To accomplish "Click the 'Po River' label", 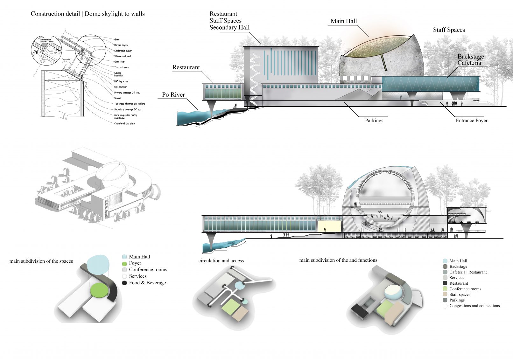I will click(x=173, y=95).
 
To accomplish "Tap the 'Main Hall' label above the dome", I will click(x=344, y=21).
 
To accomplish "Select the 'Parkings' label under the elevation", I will click(x=374, y=121).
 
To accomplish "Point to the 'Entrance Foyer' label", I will click(x=471, y=121).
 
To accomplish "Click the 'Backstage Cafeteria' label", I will click(x=471, y=60).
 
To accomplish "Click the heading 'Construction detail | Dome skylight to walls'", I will click(x=88, y=14).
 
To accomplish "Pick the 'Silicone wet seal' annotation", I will click(x=123, y=56).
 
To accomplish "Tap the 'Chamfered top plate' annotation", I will click(x=124, y=124).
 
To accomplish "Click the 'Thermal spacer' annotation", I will click(x=122, y=67).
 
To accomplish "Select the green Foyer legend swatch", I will click(x=124, y=264).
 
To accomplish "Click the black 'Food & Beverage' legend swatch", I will click(x=124, y=283).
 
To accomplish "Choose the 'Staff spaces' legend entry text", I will click(x=460, y=294).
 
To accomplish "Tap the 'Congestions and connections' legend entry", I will click(x=474, y=306).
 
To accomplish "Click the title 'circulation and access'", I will click(x=221, y=261).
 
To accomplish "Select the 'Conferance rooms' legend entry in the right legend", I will click(x=465, y=289).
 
